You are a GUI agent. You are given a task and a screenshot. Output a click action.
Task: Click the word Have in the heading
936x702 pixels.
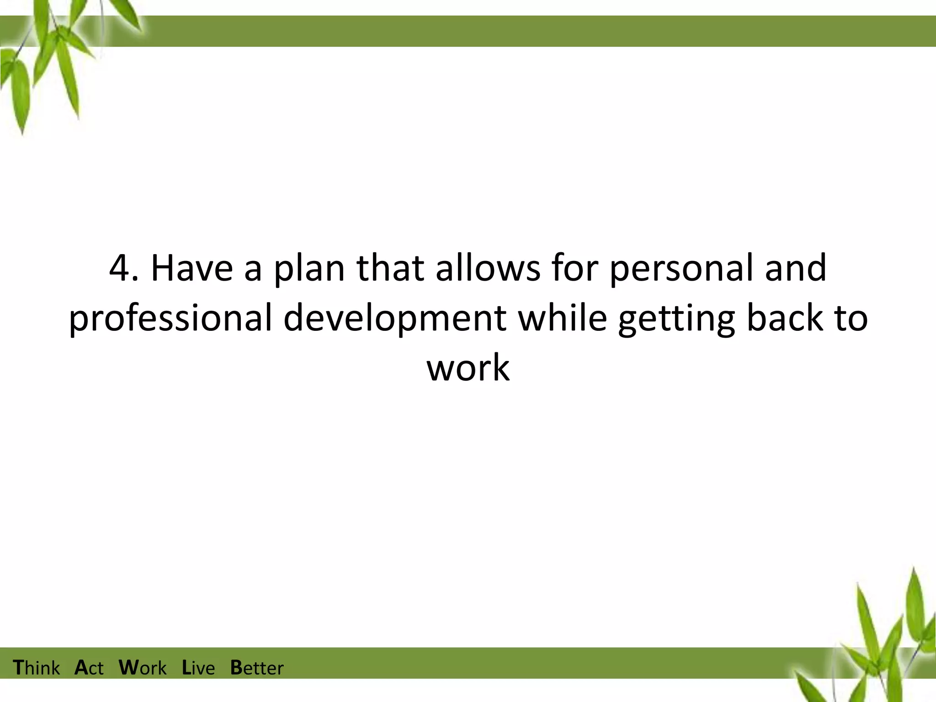pos(191,268)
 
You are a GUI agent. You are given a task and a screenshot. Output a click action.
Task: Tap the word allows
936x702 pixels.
pos(488,268)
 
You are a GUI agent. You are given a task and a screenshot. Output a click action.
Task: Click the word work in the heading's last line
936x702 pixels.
pos(468,368)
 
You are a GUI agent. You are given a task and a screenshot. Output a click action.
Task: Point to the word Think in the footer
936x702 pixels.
pos(36,668)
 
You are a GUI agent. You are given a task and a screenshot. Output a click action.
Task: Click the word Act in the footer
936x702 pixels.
pos(89,668)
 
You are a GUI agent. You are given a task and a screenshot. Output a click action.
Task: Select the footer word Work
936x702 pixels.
pos(143,668)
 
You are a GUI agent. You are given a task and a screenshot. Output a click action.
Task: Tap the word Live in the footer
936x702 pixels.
pos(198,668)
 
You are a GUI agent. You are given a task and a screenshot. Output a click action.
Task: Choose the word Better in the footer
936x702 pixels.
pos(257,668)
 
